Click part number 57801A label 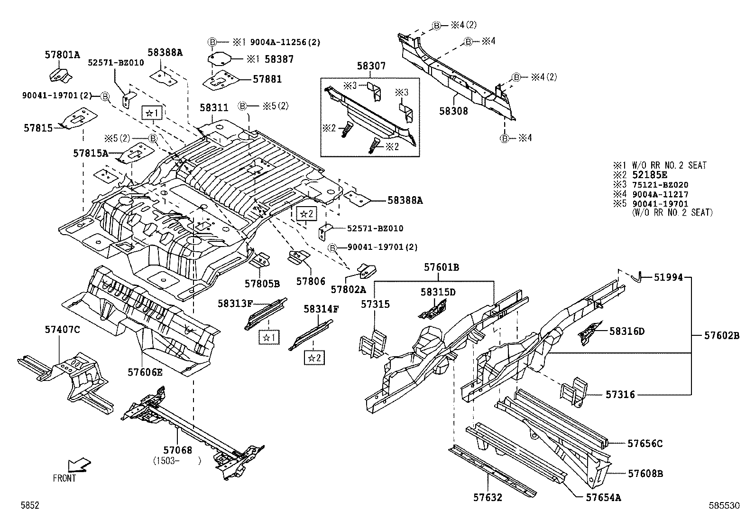coord(63,55)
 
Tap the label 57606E coord(145,372)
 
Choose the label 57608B coord(645,473)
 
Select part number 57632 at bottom coord(488,497)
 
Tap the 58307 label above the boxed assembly coord(371,66)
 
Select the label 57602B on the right coord(721,335)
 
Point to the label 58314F coord(321,309)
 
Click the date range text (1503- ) coord(177,460)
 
